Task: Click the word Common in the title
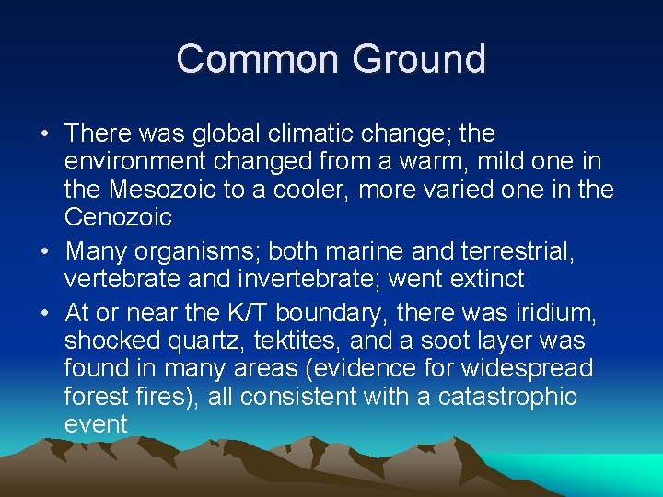point(257,59)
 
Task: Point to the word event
point(96,425)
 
